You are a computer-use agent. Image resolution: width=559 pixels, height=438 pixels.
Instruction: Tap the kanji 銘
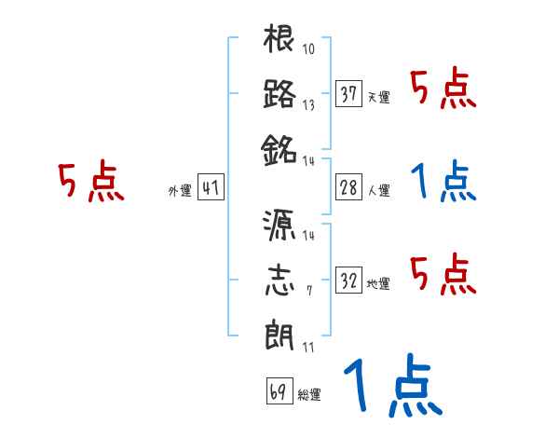280,149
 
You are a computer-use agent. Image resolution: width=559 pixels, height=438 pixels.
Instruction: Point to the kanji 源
280,226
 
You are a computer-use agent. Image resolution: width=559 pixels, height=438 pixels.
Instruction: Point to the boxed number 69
278,391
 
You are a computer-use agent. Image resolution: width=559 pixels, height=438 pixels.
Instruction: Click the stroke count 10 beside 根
308,49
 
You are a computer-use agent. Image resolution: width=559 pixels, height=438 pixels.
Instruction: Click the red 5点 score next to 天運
443,89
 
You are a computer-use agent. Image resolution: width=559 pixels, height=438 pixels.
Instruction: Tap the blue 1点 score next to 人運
443,183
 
